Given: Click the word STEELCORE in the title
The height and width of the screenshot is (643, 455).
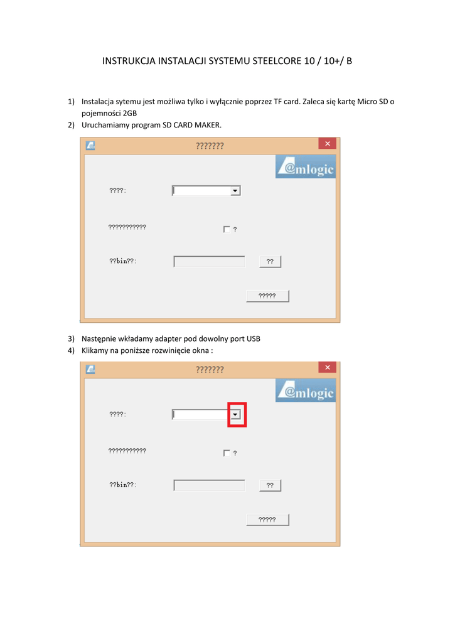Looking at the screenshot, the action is [277, 61].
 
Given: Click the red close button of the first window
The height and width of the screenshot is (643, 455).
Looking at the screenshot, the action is [327, 144].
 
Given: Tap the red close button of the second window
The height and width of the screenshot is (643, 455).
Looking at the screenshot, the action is [327, 367].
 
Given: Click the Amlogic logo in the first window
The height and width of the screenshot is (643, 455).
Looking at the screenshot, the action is [306, 166].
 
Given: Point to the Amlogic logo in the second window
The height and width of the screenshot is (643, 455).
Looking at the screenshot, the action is [306, 391].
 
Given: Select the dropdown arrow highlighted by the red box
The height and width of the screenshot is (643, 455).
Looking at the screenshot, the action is [235, 414].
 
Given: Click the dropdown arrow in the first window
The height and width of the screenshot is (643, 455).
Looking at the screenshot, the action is [235, 191].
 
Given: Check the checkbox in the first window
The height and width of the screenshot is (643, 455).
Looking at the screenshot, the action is [227, 229].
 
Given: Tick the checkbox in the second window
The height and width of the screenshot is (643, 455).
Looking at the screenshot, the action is [227, 453].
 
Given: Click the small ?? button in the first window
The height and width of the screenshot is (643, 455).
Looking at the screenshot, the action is [270, 262].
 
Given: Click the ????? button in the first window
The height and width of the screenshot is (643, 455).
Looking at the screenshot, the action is [267, 296].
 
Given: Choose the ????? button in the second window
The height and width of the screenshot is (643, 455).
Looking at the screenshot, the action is [267, 520].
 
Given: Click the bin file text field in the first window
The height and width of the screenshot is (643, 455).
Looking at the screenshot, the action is [210, 262].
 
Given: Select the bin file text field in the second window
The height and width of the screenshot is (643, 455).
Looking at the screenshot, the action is [210, 485].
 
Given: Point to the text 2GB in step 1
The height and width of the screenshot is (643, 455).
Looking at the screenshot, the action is [130, 114].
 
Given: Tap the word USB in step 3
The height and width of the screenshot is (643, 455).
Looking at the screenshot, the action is [254, 338].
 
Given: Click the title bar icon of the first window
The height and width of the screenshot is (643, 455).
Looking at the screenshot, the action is [90, 146].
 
